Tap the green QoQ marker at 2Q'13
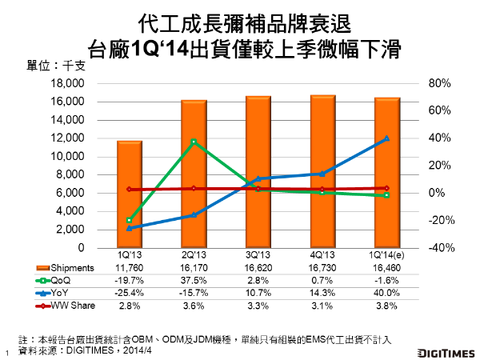193,142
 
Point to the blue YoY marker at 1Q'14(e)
387,138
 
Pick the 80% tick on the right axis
441,83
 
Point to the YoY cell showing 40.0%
387,293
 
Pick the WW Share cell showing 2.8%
130,306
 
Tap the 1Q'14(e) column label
387,254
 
